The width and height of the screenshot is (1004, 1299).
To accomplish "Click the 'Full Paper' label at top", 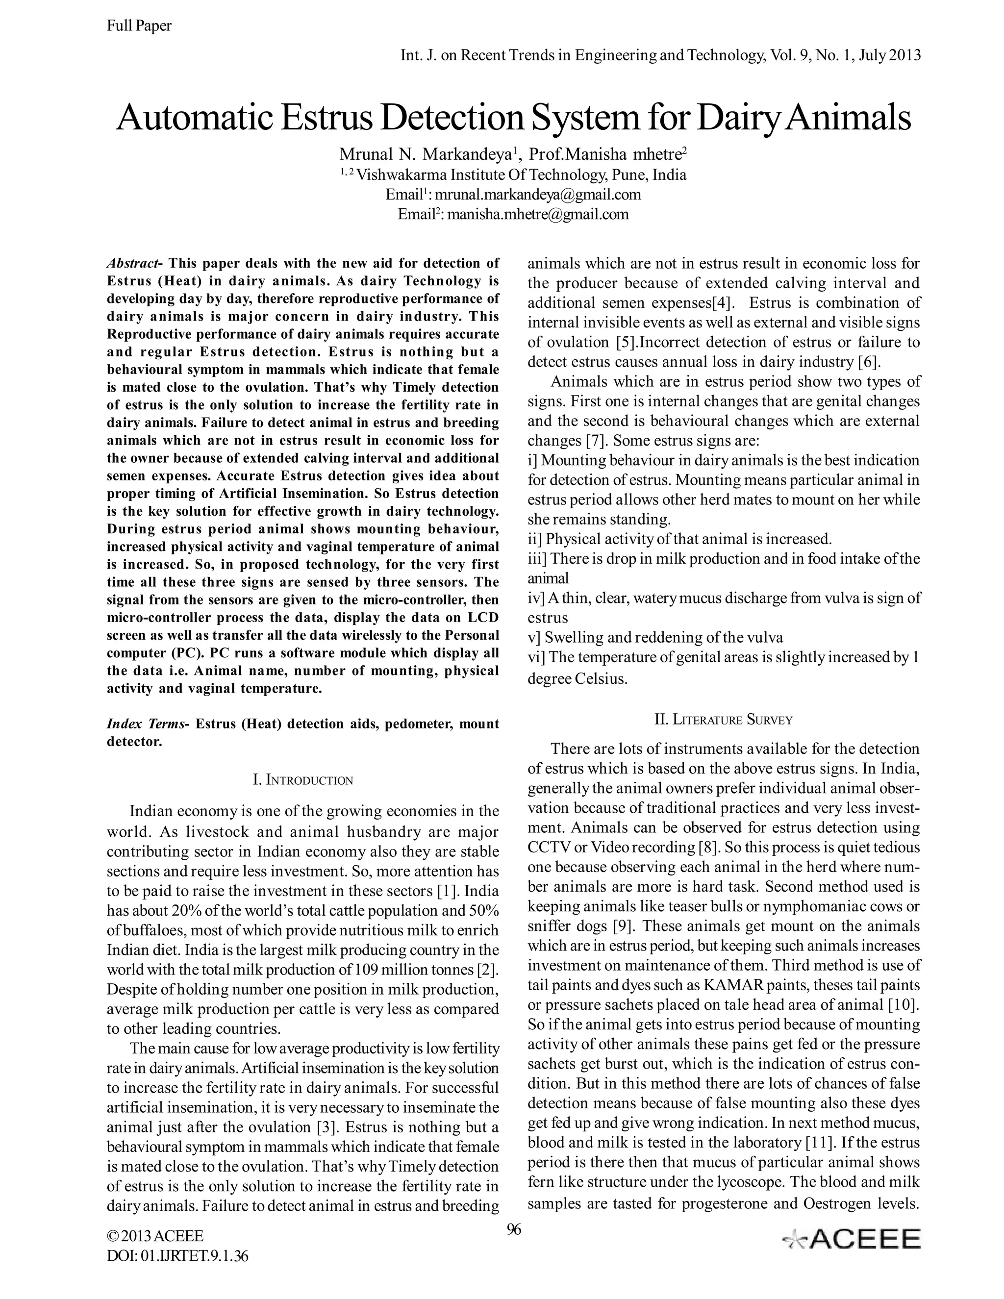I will tap(139, 25).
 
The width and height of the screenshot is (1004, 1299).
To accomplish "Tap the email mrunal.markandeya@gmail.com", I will tap(537, 195).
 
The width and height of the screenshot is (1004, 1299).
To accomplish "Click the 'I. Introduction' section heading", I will tap(303, 780).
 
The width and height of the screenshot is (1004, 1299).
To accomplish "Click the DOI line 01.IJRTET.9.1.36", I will tap(177, 1255).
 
